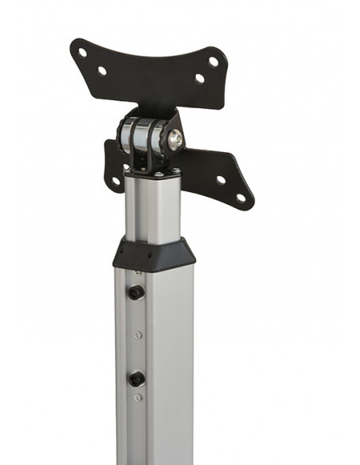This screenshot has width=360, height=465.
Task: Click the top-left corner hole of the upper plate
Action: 83,53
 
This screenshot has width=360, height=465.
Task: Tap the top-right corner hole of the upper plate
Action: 213,61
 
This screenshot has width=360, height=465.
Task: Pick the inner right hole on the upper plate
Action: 199,78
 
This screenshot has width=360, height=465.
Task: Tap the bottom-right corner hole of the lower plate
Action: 241,197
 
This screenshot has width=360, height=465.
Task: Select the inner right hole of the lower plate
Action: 221,179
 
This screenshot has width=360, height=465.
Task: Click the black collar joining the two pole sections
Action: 153,255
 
